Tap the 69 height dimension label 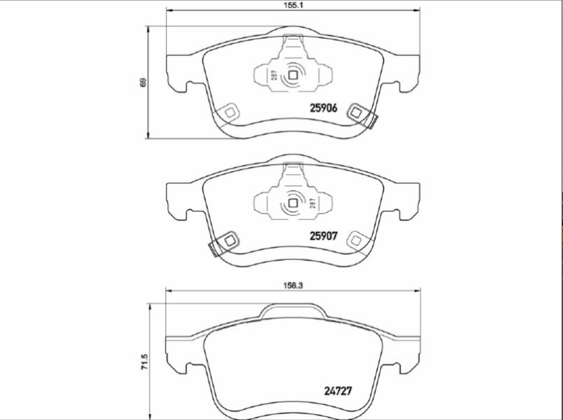143,83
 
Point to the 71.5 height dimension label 144,362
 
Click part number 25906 324,108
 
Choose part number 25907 324,236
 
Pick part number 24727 338,391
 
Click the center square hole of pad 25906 293,75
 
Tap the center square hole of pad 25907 293,203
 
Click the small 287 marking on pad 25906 274,75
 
